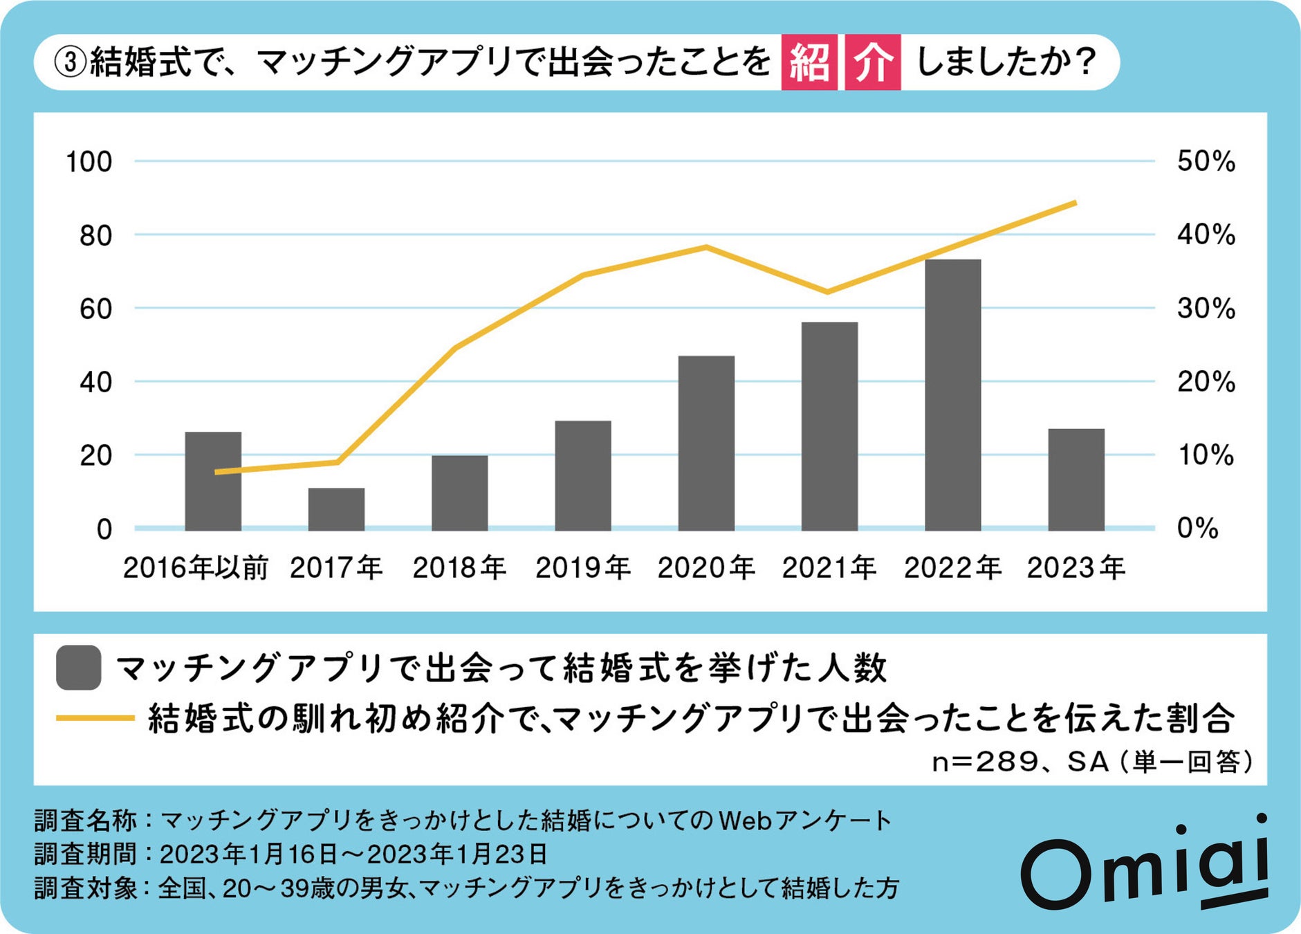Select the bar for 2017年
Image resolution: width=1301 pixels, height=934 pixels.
[x=336, y=509]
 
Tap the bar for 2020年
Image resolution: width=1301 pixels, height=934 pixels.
[x=705, y=443]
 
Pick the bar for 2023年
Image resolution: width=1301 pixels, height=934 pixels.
[x=1076, y=479]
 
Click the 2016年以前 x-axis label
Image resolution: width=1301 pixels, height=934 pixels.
[x=195, y=568]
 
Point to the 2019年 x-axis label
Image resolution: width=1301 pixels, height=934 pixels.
[x=582, y=568]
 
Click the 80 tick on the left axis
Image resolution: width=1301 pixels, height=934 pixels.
[x=95, y=236]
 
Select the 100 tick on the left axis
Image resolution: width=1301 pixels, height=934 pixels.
[x=89, y=162]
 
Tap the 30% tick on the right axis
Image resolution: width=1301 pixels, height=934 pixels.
[x=1206, y=309]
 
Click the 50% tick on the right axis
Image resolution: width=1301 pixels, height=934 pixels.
[x=1206, y=161]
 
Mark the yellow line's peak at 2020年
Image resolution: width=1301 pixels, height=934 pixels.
[x=705, y=247]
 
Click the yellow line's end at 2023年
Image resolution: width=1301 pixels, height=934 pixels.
[x=1075, y=203]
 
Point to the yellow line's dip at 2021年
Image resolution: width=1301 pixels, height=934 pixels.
[x=829, y=292]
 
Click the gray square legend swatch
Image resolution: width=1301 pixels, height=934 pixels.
[x=79, y=668]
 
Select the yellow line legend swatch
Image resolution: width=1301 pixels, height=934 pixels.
[x=95, y=718]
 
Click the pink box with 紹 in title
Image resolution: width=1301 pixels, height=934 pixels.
[x=809, y=62]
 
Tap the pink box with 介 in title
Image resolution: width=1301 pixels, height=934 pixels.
[x=872, y=62]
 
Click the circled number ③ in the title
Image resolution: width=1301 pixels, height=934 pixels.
[x=70, y=62]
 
